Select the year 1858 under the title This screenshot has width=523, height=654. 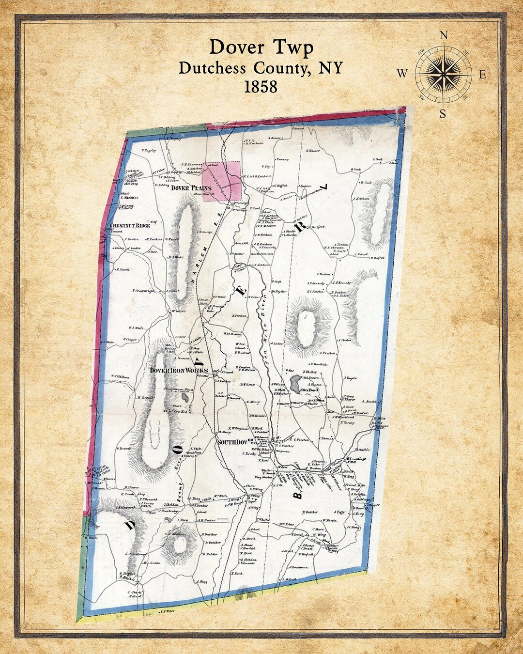[x=261, y=86]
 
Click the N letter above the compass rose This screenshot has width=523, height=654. [x=443, y=35]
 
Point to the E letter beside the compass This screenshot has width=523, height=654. [x=482, y=75]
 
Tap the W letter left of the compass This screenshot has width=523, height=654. [x=402, y=74]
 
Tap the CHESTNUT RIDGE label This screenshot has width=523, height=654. [x=130, y=226]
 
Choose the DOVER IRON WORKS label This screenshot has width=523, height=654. [x=179, y=371]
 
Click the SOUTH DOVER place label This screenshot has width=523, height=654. [x=235, y=441]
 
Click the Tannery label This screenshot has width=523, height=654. [x=282, y=159]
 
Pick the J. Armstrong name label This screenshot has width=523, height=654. [x=136, y=553]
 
